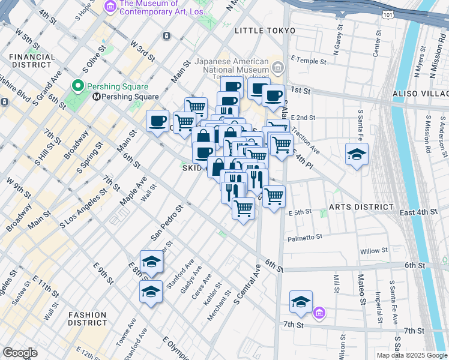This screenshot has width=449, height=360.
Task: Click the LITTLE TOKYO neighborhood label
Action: tap(265, 31)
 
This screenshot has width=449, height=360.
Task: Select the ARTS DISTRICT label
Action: tap(361, 207)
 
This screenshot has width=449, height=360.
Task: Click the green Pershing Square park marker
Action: tap(77, 86)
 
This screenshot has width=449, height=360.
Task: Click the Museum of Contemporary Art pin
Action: tap(110, 7)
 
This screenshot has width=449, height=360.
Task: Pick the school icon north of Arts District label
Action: tap(357, 154)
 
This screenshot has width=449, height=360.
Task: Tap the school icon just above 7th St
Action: tap(301, 302)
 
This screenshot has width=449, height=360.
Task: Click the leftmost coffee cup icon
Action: tap(158, 121)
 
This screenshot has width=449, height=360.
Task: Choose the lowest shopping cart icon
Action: tap(243, 208)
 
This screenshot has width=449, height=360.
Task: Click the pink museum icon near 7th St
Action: tap(319, 313)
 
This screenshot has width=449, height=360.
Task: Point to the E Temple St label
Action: tap(308, 61)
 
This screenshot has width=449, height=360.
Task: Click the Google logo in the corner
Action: tap(20, 353)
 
